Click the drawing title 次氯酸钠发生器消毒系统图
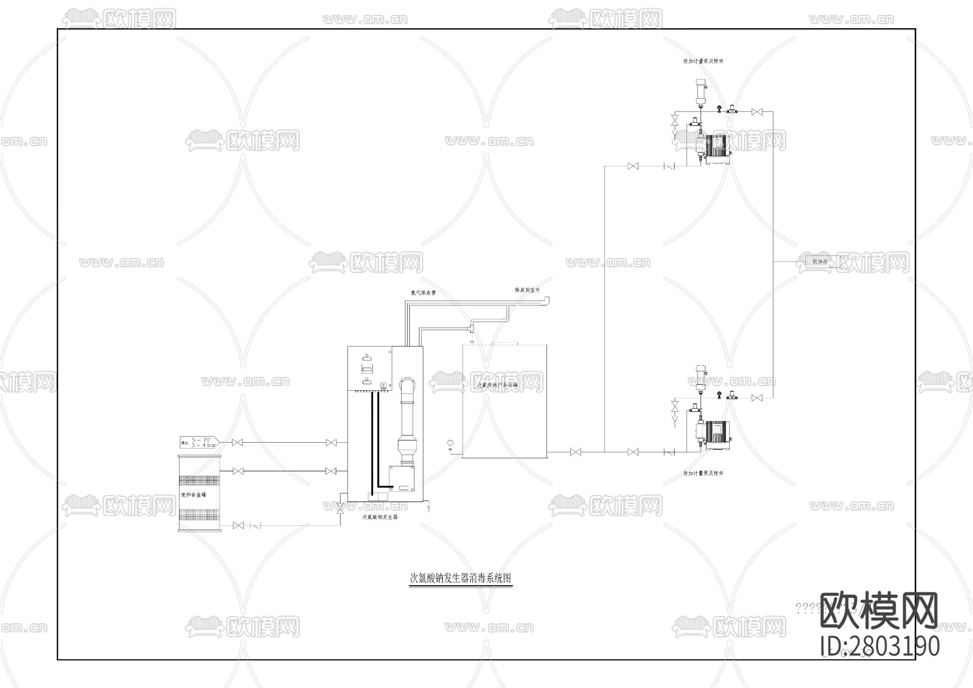coord(461,578)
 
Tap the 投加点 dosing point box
coord(819,262)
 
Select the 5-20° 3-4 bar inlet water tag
coord(198,442)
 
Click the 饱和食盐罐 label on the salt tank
coord(193,495)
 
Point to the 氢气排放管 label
coord(423,293)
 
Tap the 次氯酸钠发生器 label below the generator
coord(379,517)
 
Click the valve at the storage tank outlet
coord(576,452)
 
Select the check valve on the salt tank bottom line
coord(256,525)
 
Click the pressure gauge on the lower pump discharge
coord(719,394)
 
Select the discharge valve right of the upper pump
coord(757,112)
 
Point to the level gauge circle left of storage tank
coord(449,444)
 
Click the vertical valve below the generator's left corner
coord(340,509)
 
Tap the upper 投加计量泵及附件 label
coord(703,61)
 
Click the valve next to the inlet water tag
coord(236,443)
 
